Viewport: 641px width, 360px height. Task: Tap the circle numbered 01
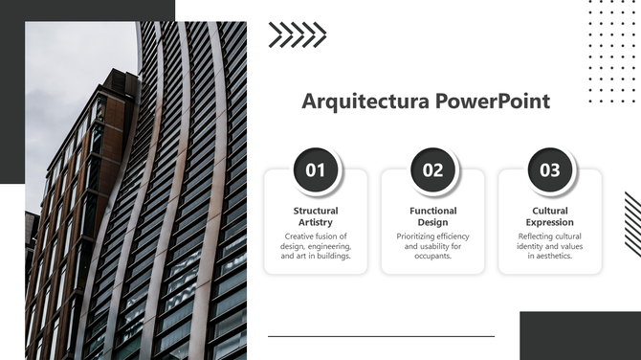[x=316, y=170]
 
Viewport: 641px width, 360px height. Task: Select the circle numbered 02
[x=433, y=170]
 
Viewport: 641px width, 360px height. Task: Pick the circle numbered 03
[x=550, y=170]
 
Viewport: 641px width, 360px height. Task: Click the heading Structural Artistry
[x=316, y=216]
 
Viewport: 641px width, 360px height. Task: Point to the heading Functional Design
[x=433, y=216]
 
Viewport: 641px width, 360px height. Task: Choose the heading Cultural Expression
[x=550, y=216]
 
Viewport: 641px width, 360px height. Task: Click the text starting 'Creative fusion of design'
[x=316, y=246]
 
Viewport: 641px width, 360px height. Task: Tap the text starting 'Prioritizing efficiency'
[x=433, y=246]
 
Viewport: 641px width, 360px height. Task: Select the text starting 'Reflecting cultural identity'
[x=550, y=246]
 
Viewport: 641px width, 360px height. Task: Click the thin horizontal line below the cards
[x=381, y=336]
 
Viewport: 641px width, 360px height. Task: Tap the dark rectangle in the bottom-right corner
[x=580, y=335]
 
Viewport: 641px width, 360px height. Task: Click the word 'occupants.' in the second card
[x=433, y=257]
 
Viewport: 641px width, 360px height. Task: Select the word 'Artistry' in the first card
[x=316, y=223]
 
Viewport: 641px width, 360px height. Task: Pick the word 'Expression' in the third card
[x=550, y=223]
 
